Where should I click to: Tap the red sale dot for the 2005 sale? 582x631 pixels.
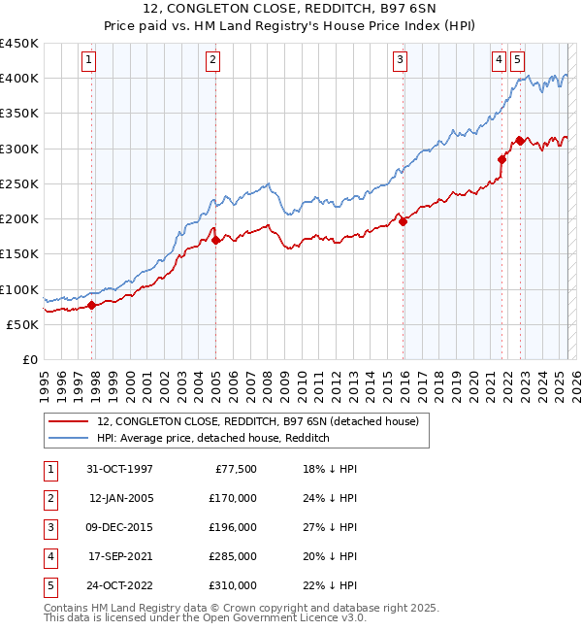pos(215,241)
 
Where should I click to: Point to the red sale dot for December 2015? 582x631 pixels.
pos(403,221)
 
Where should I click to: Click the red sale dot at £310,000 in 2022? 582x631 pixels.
pos(520,141)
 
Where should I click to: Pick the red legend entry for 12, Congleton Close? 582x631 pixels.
pos(257,421)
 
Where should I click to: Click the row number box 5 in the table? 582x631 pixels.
pos(49,585)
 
